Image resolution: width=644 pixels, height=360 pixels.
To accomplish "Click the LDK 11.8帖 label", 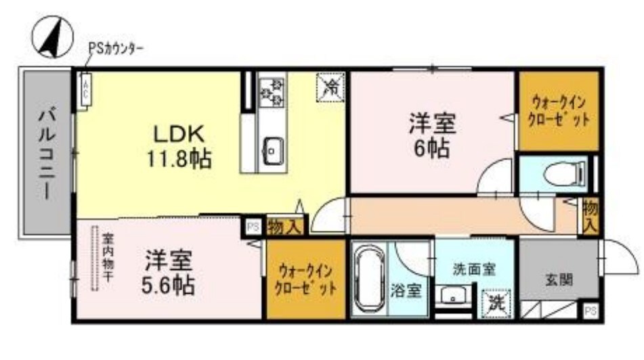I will tap(178, 145).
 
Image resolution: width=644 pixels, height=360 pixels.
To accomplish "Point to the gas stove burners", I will tap(272, 91).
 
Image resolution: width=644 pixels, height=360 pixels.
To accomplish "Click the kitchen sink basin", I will tap(273, 150).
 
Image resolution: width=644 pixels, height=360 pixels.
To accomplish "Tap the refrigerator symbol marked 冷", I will tap(331, 87).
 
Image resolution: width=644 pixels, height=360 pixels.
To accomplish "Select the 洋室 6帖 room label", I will tap(431, 135).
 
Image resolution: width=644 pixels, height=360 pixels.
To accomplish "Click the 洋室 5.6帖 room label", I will tap(169, 273).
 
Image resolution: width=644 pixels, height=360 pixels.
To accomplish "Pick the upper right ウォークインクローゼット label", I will tap(559, 110).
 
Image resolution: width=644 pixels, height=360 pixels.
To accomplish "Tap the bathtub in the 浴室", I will tap(368, 278).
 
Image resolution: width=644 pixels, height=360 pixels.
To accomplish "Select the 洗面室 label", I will tap(473, 269).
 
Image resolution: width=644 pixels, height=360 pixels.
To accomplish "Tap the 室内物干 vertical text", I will tap(108, 261).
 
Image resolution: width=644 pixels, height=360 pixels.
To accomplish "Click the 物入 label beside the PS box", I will tap(284, 227).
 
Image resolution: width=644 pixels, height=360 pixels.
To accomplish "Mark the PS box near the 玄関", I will tap(590, 311).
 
